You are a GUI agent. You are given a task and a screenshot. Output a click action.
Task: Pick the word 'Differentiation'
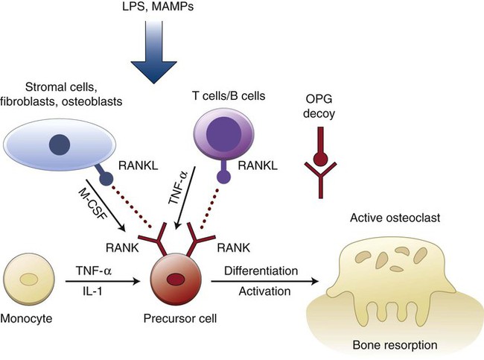[x=261, y=269]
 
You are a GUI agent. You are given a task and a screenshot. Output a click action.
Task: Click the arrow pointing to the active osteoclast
[x=268, y=281]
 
